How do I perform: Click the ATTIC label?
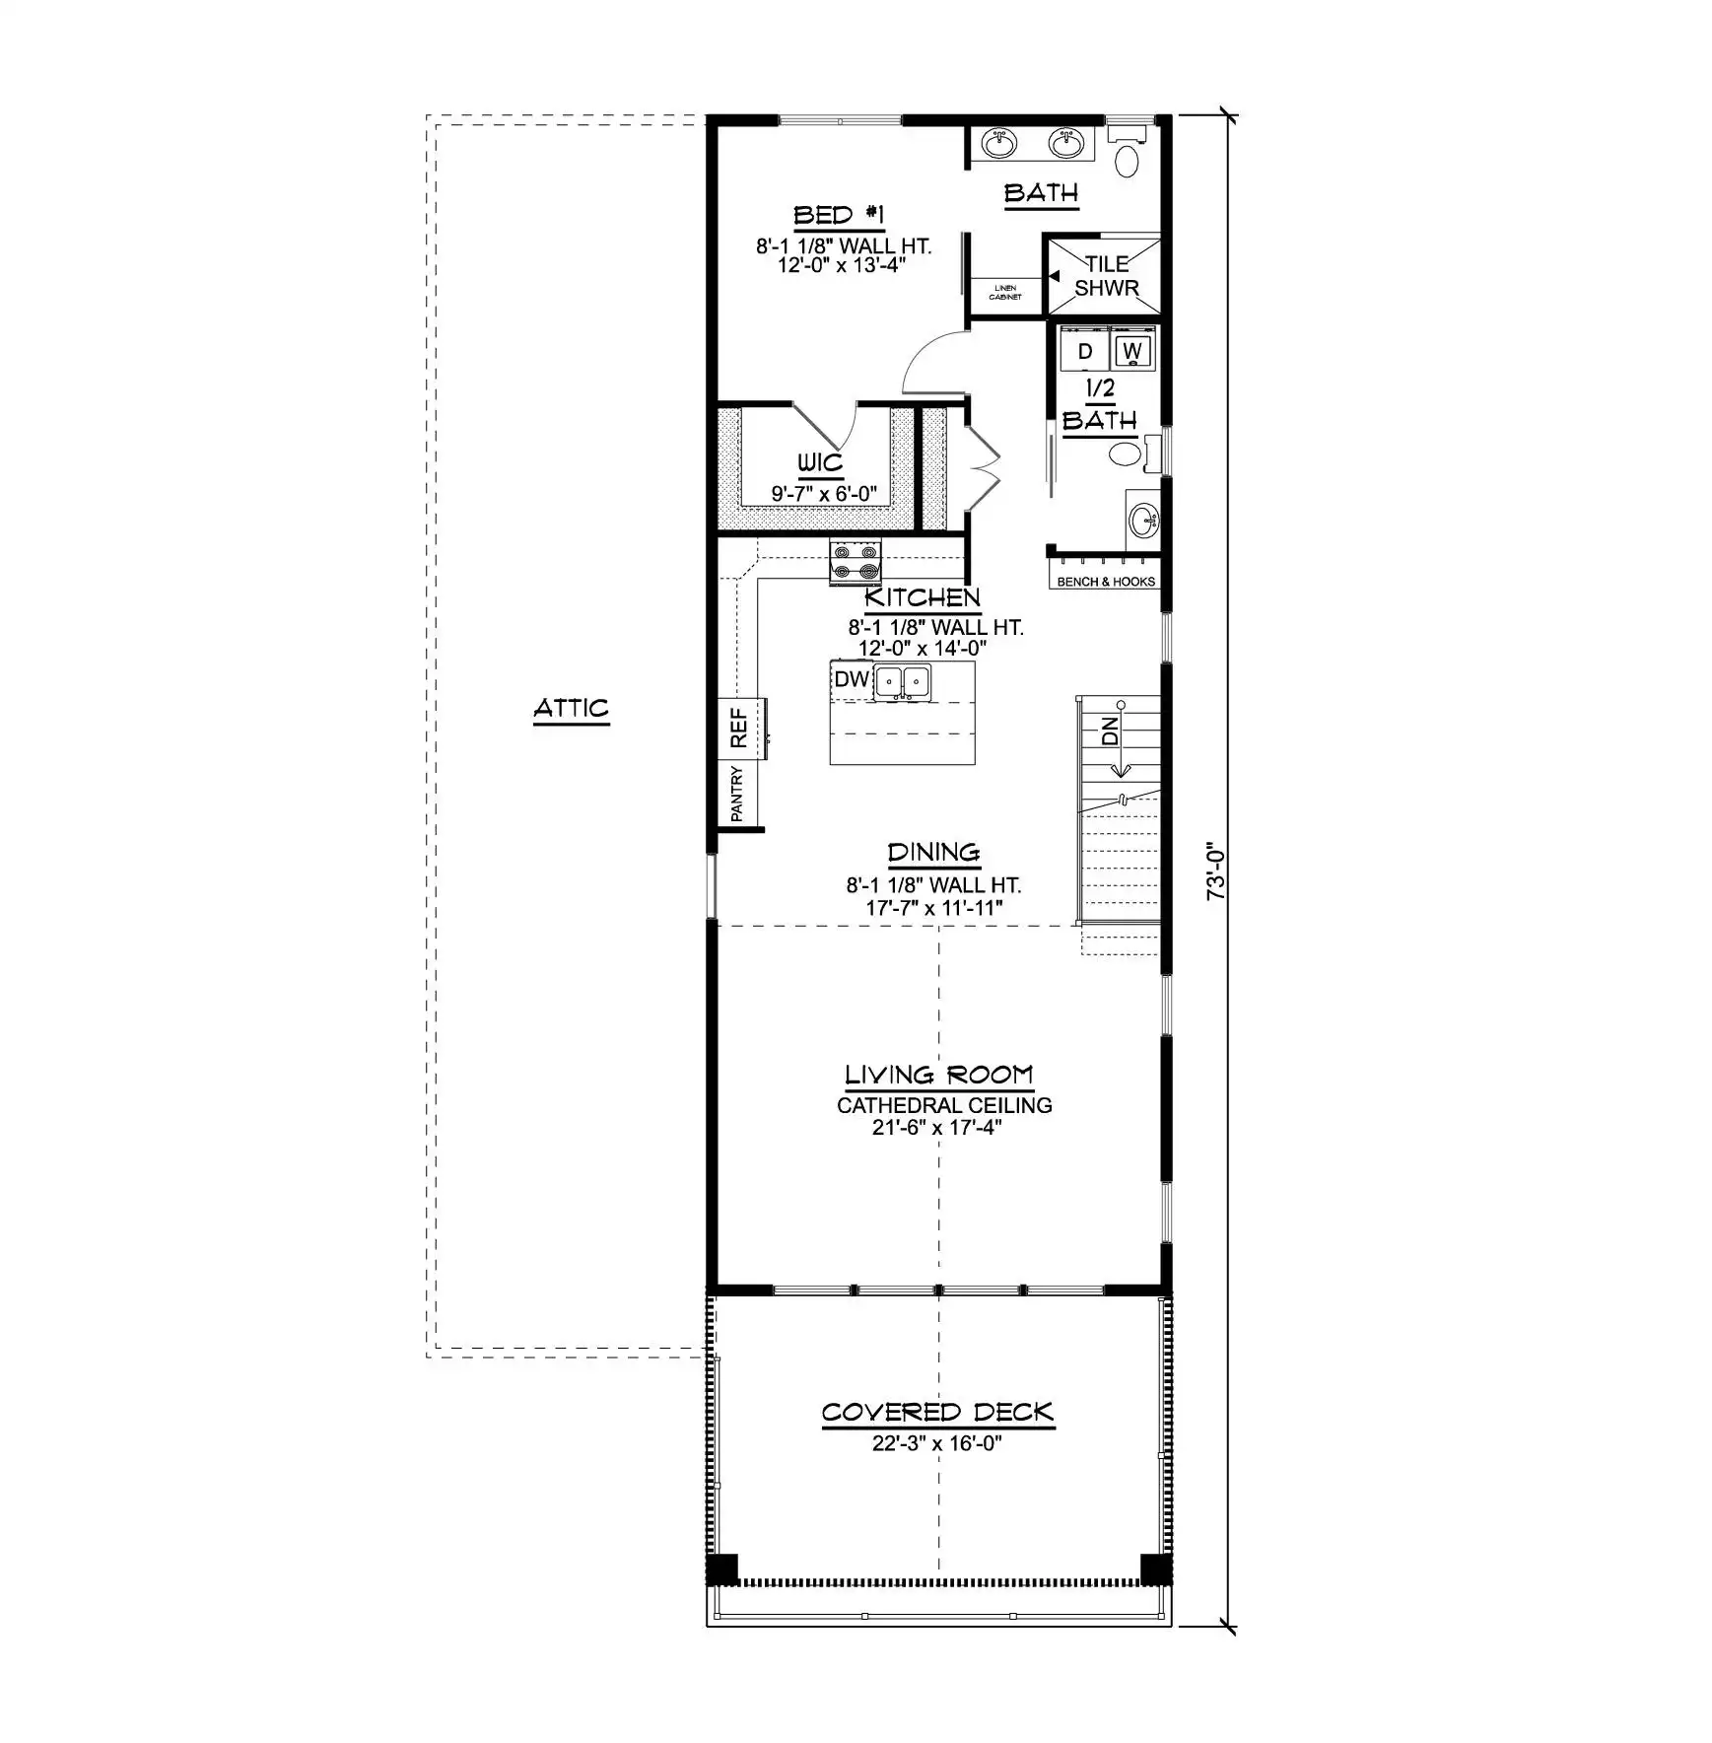pos(571,708)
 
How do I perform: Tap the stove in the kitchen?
pos(855,562)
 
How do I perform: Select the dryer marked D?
pos(1084,351)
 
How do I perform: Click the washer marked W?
pos(1132,350)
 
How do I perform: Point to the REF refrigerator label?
pos(738,729)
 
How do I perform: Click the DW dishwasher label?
pos(852,679)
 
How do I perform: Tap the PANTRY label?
pos(737,794)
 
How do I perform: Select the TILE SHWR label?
pos(1107,276)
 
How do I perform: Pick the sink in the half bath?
pos(1144,520)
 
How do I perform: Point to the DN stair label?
pos(1111,731)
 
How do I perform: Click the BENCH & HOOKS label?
pos(1106,582)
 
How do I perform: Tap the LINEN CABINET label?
pos(1005,292)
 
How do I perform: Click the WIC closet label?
pos(820,462)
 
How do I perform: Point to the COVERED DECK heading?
pos(937,1412)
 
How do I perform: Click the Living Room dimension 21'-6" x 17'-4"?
pos(936,1127)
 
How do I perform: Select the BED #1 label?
pos(840,215)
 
